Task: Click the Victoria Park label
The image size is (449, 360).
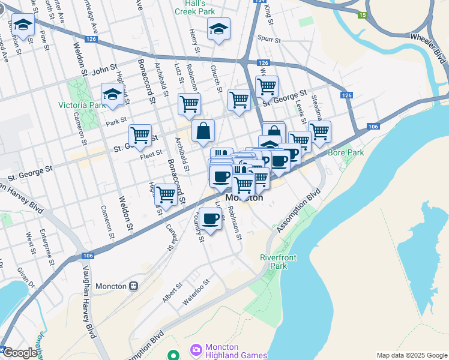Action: pos(81,105)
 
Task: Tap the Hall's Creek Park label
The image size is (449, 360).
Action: pos(194,7)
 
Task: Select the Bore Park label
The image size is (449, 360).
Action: pos(346,152)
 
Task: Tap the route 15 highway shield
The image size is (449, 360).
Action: pos(361,15)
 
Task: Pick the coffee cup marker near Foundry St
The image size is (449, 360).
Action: pos(210,219)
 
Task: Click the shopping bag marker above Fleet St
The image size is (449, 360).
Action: pos(203,130)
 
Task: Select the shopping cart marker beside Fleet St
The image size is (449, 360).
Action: pos(140,135)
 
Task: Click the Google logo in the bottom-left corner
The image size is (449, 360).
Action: pos(19,353)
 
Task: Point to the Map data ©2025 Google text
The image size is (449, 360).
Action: pos(411,355)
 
